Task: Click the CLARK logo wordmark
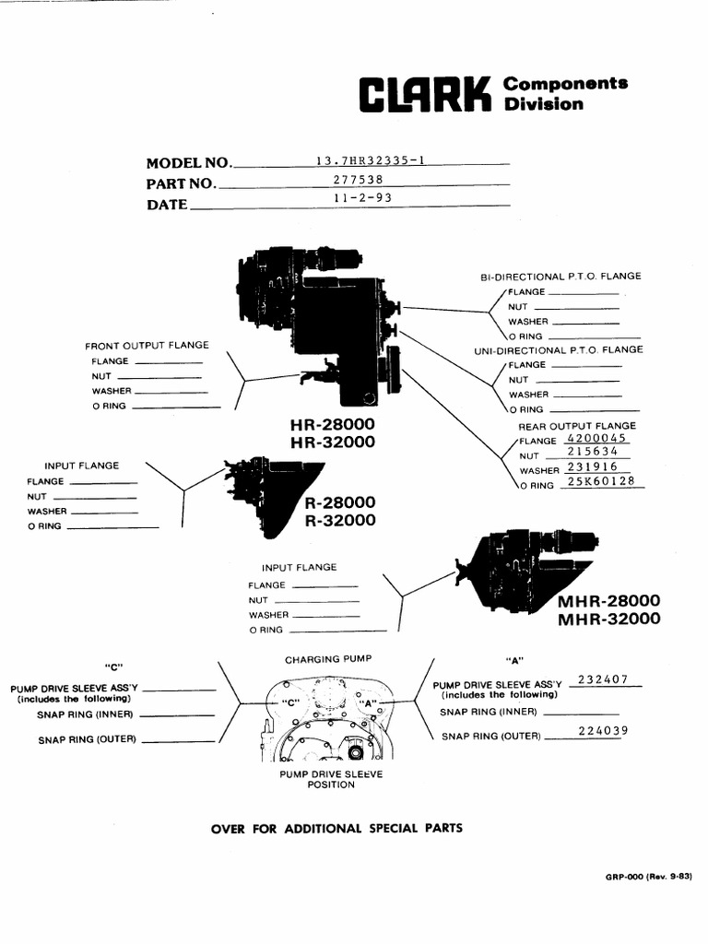coord(425,95)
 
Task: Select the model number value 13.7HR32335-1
coord(371,160)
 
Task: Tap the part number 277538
coord(359,180)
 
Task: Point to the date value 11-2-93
coord(363,197)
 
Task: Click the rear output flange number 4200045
coord(597,438)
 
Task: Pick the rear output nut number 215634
coord(593,452)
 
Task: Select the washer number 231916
coord(593,466)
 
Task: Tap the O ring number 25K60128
coord(601,481)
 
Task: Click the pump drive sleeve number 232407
coord(603,679)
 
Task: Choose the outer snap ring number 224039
coord(603,731)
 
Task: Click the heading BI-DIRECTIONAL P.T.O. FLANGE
coord(560,277)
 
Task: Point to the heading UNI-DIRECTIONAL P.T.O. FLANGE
coord(558,349)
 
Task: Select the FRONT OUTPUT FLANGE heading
coord(147,345)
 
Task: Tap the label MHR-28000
coord(608,600)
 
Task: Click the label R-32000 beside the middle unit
coord(340,520)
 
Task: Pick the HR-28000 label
coord(332,424)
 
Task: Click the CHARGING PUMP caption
coord(328,659)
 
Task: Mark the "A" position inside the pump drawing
coord(367,702)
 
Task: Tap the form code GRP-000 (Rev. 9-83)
coord(648,877)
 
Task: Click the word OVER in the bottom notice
coord(229,829)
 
